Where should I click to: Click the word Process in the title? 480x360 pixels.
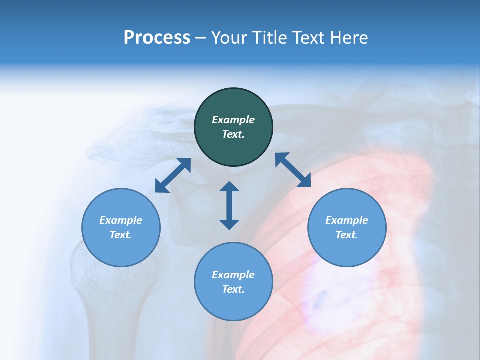pyautogui.click(x=157, y=38)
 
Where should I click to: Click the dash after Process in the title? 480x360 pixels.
pyautogui.click(x=200, y=38)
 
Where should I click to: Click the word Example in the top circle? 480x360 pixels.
pyautogui.click(x=233, y=120)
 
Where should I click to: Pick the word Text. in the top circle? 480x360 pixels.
pyautogui.click(x=233, y=134)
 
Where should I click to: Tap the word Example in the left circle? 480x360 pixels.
pyautogui.click(x=121, y=220)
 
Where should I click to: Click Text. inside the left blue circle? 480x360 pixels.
pyautogui.click(x=121, y=235)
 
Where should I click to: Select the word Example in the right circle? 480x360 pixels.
pyautogui.click(x=347, y=220)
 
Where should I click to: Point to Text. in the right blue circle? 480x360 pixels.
pyautogui.click(x=347, y=235)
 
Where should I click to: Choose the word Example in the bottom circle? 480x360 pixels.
pyautogui.click(x=233, y=275)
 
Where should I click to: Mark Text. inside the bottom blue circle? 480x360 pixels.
pyautogui.click(x=233, y=289)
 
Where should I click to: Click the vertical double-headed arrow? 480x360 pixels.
pyautogui.click(x=229, y=205)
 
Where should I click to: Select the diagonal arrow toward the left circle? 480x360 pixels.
pyautogui.click(x=173, y=175)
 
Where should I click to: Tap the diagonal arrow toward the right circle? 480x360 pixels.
pyautogui.click(x=293, y=170)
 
